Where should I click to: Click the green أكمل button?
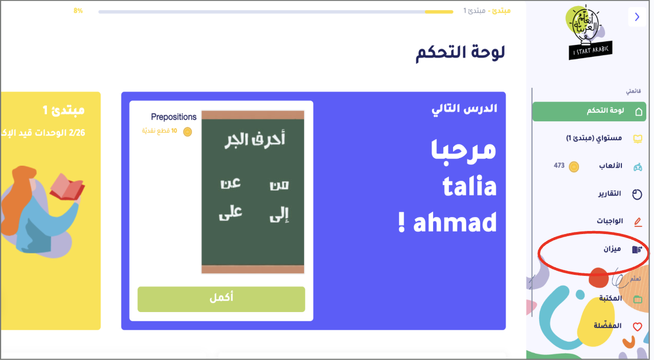click(x=221, y=299)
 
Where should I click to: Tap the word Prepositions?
click(x=174, y=117)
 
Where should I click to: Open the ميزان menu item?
click(x=612, y=249)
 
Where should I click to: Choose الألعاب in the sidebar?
click(x=611, y=166)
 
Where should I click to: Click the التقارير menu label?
click(x=610, y=193)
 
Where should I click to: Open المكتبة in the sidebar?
click(x=611, y=298)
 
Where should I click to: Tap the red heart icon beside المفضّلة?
click(x=637, y=326)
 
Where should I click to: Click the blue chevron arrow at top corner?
click(x=637, y=17)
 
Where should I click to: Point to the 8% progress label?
click(x=78, y=11)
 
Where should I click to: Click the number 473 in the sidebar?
click(x=559, y=165)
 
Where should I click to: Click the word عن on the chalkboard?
click(x=231, y=184)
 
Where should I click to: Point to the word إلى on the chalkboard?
click(x=279, y=215)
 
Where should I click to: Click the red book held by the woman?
click(x=67, y=187)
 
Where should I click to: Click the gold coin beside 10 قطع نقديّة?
click(x=187, y=132)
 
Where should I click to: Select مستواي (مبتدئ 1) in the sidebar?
click(x=594, y=138)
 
